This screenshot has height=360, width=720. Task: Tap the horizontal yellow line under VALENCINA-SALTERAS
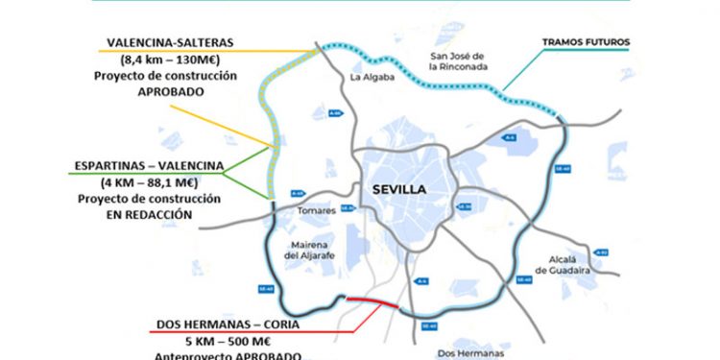pyautogui.click(x=192, y=50)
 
